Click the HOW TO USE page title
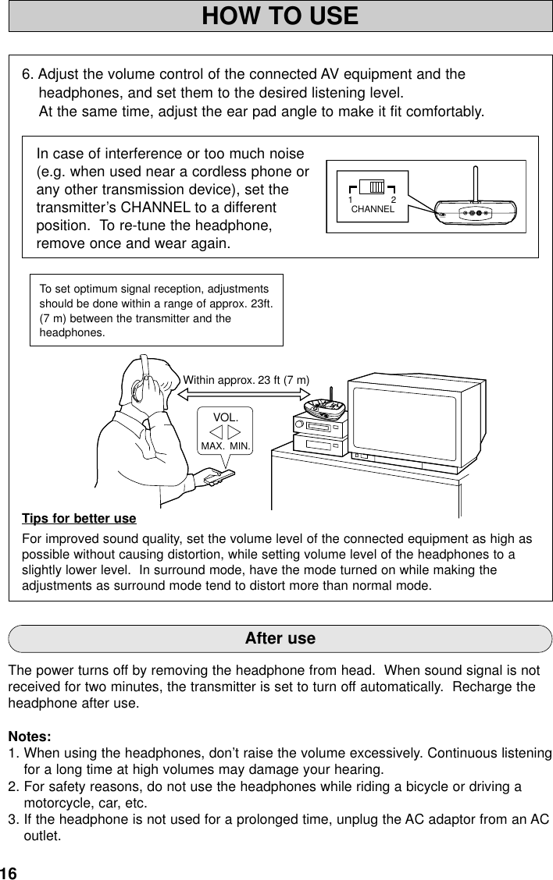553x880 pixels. point(280,16)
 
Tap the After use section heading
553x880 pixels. point(280,638)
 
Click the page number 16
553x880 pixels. point(9,871)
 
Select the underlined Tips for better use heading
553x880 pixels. point(79,519)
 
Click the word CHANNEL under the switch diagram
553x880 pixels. point(373,210)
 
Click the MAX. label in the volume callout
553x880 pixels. point(212,447)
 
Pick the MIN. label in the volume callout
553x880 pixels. point(240,447)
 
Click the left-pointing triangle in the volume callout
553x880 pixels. point(216,431)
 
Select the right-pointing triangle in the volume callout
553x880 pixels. point(234,431)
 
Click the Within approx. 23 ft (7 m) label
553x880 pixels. point(246,380)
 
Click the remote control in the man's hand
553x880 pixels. point(215,475)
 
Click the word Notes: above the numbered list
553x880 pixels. point(30,736)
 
